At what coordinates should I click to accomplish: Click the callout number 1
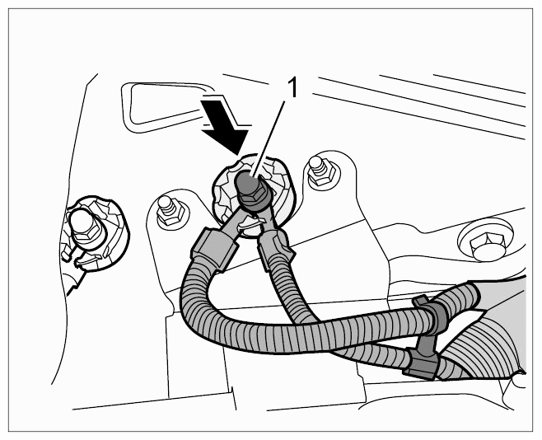click(292, 87)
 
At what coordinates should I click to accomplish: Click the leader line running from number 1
click(269, 139)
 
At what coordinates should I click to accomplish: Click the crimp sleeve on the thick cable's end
click(214, 247)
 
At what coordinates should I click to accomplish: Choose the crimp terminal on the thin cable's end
click(277, 246)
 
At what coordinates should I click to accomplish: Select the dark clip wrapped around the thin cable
click(420, 365)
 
